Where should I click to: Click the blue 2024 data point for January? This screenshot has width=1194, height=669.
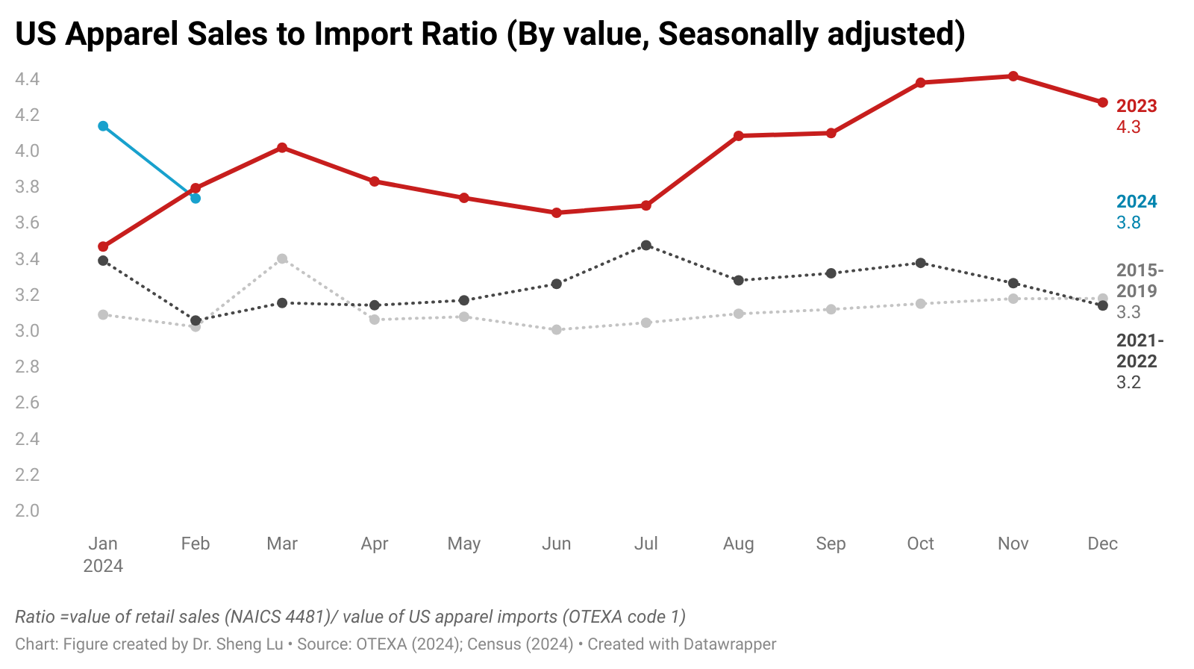103,125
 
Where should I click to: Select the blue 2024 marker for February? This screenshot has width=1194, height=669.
196,198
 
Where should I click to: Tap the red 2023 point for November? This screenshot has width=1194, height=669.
1013,76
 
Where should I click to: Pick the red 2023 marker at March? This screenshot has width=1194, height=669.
282,148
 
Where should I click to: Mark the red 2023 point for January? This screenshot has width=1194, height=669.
103,246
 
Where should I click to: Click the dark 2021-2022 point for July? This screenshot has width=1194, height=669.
646,245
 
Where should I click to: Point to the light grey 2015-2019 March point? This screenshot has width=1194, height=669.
282,259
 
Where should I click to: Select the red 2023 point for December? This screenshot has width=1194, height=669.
1102,102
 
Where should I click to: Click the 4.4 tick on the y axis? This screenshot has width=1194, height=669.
27,79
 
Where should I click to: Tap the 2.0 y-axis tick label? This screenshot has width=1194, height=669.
27,511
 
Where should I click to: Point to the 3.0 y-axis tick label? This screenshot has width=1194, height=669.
27,331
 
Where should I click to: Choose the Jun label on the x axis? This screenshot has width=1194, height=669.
556,544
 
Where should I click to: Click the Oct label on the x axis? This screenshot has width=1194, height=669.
920,544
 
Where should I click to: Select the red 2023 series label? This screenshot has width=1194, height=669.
1136,106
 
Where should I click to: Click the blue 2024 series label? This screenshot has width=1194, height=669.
1136,202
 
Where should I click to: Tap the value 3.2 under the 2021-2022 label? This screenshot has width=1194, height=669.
1128,382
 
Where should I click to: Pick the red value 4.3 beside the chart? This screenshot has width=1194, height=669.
1128,127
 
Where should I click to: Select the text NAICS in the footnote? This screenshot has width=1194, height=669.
254,617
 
